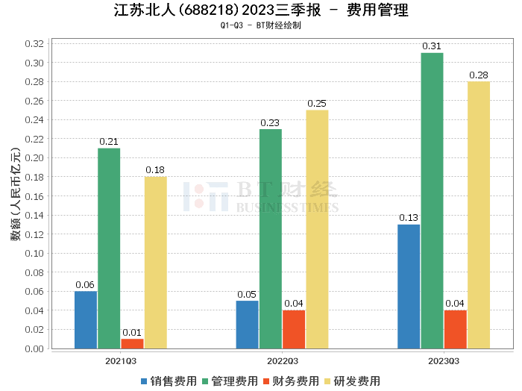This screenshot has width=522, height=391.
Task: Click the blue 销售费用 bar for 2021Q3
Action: (x=86, y=319)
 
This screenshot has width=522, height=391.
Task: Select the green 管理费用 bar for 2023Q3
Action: (x=432, y=200)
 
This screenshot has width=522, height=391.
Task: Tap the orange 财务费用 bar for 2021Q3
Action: (x=132, y=343)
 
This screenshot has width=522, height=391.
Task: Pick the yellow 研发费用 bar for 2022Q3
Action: (x=317, y=229)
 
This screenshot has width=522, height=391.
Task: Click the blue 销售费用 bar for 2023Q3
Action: (x=409, y=286)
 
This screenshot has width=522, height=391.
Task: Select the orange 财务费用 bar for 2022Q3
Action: (x=294, y=329)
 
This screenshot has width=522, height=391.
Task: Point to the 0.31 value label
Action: (x=432, y=46)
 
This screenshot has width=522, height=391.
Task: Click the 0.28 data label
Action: (x=479, y=75)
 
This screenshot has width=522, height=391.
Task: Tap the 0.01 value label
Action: (x=132, y=332)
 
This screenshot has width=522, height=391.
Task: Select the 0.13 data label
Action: (x=409, y=218)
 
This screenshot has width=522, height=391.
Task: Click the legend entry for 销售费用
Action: (x=169, y=381)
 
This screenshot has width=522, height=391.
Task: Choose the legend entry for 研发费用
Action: (x=352, y=381)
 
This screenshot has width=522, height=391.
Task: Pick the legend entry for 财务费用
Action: (x=291, y=381)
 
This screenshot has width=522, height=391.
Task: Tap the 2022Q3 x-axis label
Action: (x=282, y=360)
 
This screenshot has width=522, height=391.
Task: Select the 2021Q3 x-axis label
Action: (x=120, y=360)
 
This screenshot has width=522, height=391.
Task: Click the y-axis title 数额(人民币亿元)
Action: (x=15, y=195)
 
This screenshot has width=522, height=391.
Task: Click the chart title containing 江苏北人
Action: (x=261, y=10)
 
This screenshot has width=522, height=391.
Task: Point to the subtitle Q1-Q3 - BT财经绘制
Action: (x=261, y=25)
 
